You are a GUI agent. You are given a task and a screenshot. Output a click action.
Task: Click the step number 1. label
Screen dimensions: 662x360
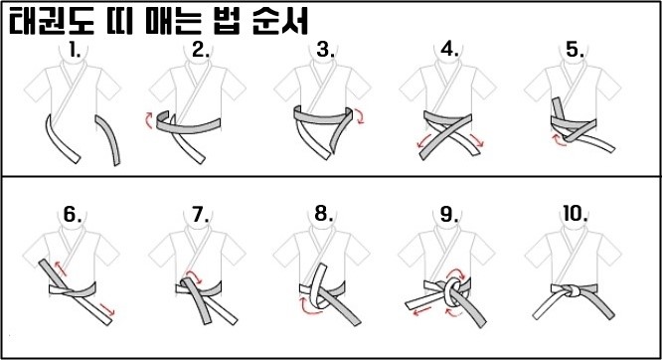76,51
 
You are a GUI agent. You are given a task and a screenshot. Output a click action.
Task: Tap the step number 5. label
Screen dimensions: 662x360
576,51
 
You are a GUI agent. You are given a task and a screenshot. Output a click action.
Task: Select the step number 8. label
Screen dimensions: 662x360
324,214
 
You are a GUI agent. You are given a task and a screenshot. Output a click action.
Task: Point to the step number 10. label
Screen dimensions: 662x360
576,214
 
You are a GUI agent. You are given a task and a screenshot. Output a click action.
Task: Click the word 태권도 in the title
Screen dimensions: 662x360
52,21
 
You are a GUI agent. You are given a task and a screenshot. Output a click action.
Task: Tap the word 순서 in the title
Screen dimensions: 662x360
280,21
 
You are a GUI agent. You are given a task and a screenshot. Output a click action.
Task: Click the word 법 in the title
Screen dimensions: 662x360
228,21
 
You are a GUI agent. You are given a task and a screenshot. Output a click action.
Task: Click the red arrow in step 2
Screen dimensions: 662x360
149,119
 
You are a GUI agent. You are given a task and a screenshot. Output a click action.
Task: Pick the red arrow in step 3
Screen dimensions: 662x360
360,115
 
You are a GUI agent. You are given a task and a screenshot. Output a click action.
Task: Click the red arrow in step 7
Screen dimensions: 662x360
195,275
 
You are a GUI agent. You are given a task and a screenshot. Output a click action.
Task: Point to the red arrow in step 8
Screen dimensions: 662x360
308,308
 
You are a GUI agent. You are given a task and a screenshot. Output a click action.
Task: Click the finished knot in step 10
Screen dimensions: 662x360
573,291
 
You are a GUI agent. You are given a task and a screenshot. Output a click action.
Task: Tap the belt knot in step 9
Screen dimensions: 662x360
452,290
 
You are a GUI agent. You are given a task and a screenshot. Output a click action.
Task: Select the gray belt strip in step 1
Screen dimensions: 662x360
109,139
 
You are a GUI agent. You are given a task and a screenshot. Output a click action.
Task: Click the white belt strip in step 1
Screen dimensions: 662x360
62,138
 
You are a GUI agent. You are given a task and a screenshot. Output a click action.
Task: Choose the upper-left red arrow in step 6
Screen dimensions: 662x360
60,268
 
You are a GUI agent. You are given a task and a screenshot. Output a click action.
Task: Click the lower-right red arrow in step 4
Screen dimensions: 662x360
476,140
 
